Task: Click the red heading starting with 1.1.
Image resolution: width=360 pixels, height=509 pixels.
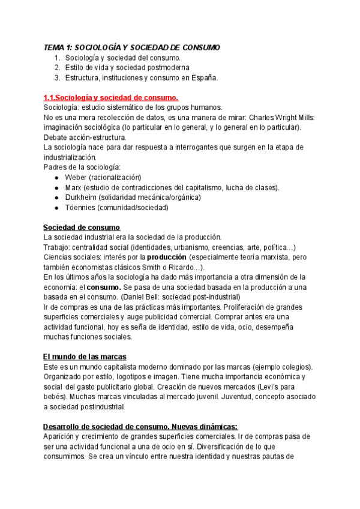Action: [x=110, y=97]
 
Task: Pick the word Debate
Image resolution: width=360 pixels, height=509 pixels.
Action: [x=56, y=137]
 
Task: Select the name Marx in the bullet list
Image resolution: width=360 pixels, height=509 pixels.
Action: [x=76, y=187]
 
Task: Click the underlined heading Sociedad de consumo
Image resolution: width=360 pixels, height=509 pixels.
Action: [x=82, y=227]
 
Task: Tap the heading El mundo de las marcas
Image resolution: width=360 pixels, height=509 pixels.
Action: [x=85, y=357]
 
